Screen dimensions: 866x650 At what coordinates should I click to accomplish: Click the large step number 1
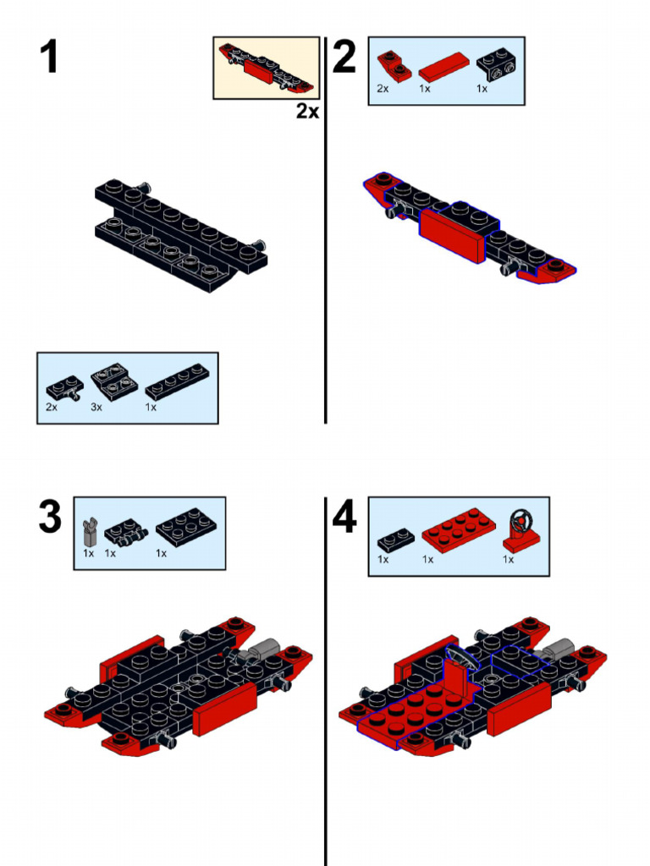(x=49, y=57)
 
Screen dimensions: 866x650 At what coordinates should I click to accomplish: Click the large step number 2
(x=344, y=57)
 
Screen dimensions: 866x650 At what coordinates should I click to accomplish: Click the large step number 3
(x=50, y=517)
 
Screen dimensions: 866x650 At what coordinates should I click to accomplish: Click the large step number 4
(x=344, y=517)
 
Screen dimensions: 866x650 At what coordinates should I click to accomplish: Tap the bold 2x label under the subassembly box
(x=307, y=111)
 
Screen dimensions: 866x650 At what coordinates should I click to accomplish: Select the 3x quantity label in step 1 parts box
(x=96, y=407)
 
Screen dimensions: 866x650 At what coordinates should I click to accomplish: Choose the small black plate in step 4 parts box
(x=395, y=538)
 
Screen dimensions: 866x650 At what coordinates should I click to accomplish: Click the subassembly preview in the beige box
(x=267, y=68)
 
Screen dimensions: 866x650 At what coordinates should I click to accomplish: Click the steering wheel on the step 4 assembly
(x=458, y=657)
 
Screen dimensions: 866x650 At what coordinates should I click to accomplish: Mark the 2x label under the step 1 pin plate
(x=52, y=407)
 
